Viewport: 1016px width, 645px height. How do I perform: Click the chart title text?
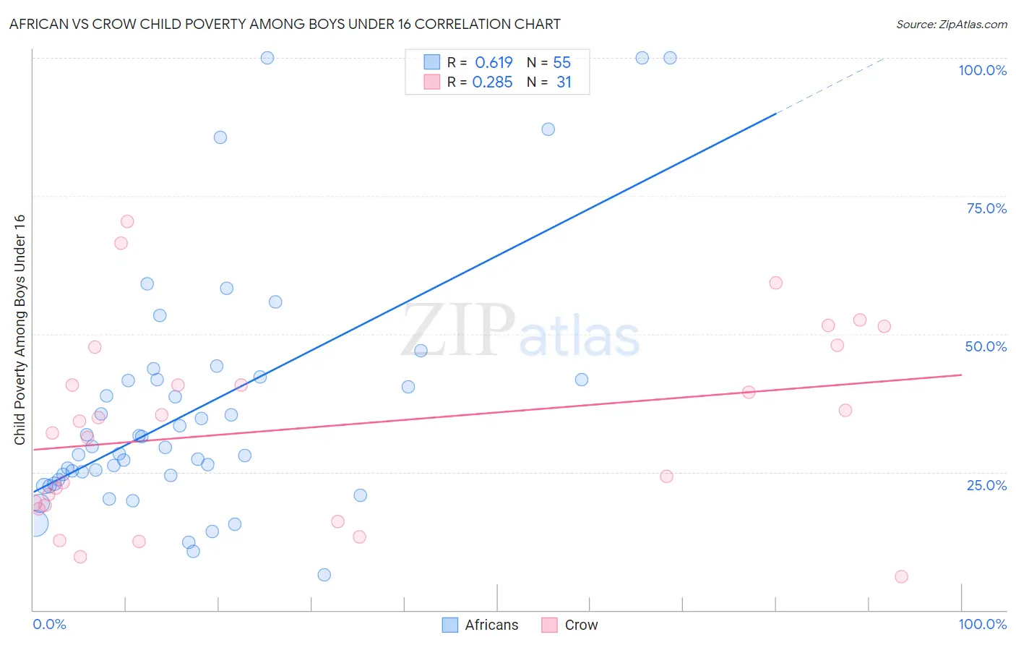click(285, 24)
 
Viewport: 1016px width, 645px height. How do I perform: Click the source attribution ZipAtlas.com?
click(951, 24)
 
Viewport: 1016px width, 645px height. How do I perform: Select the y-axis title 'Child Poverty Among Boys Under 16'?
click(20, 330)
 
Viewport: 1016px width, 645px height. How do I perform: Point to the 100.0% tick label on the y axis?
click(982, 70)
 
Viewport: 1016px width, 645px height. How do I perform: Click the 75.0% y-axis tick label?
click(986, 208)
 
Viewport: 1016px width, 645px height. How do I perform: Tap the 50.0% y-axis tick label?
click(986, 346)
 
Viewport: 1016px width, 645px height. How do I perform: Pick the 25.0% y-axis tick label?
click(986, 485)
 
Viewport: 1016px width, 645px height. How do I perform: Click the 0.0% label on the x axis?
click(49, 624)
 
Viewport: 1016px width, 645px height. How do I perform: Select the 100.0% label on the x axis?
click(982, 624)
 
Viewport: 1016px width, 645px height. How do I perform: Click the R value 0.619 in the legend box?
click(494, 62)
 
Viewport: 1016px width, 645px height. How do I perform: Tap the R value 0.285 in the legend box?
click(492, 82)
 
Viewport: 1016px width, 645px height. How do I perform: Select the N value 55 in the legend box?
click(561, 62)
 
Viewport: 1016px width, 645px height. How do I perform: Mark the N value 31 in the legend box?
click(564, 82)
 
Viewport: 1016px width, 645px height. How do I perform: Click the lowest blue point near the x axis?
click(324, 575)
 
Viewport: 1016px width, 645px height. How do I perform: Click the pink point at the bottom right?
click(901, 576)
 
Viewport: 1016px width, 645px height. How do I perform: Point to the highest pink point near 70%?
click(127, 221)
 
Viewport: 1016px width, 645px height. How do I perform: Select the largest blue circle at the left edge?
click(34, 524)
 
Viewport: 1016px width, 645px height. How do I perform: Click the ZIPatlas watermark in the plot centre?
click(520, 331)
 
